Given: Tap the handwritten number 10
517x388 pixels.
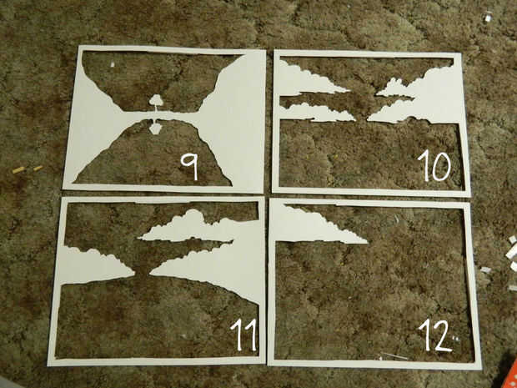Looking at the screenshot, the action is (x=434, y=165).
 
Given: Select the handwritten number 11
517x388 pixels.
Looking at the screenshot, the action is (x=244, y=335).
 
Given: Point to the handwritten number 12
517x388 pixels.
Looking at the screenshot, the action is (x=435, y=335).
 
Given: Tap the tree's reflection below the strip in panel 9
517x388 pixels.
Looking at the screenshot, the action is (x=155, y=126).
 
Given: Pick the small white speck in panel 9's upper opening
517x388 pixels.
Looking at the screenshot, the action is (x=113, y=64).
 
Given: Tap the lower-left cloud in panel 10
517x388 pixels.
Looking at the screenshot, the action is (x=317, y=112).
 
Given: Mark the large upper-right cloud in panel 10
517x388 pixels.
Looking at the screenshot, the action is (x=425, y=94).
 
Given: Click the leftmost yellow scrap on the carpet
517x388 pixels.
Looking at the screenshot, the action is (x=18, y=170).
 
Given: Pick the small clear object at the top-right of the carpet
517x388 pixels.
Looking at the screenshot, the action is (x=488, y=17).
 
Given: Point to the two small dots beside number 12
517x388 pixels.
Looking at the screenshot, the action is (x=455, y=338).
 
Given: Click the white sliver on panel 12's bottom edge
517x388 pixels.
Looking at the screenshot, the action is (x=394, y=356).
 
